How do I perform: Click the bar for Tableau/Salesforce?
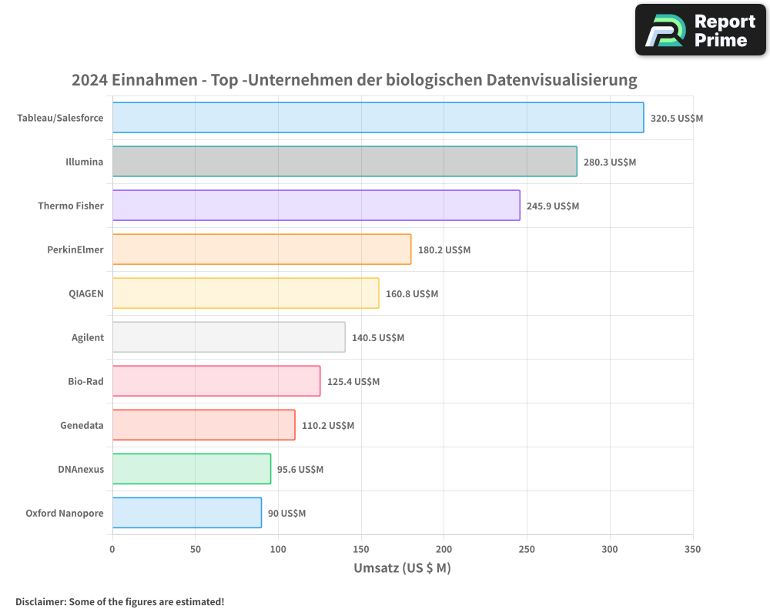pyautogui.click(x=377, y=118)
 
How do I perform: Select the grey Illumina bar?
pyautogui.click(x=344, y=162)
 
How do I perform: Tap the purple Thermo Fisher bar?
pyautogui.click(x=316, y=206)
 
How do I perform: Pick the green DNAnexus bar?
pyautogui.click(x=191, y=469)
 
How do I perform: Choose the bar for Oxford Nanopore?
pyautogui.click(x=186, y=513)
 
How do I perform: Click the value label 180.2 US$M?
pyautogui.click(x=444, y=249)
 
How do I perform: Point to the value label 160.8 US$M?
pyautogui.click(x=412, y=293)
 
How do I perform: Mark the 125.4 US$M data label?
pyautogui.click(x=353, y=381)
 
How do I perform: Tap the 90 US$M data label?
pyautogui.click(x=286, y=513)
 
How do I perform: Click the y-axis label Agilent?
pyautogui.click(x=87, y=337)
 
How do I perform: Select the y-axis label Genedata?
pyautogui.click(x=82, y=425)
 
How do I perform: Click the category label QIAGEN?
pyautogui.click(x=86, y=293)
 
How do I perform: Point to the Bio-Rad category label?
pyautogui.click(x=85, y=381)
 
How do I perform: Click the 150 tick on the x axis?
pyautogui.click(x=361, y=549)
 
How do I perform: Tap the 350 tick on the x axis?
pyautogui.click(x=692, y=549)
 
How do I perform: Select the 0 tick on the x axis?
pyautogui.click(x=112, y=549)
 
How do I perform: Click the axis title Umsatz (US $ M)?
pyautogui.click(x=402, y=568)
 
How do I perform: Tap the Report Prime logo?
pyautogui.click(x=700, y=30)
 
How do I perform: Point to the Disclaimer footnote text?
pyautogui.click(x=119, y=601)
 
